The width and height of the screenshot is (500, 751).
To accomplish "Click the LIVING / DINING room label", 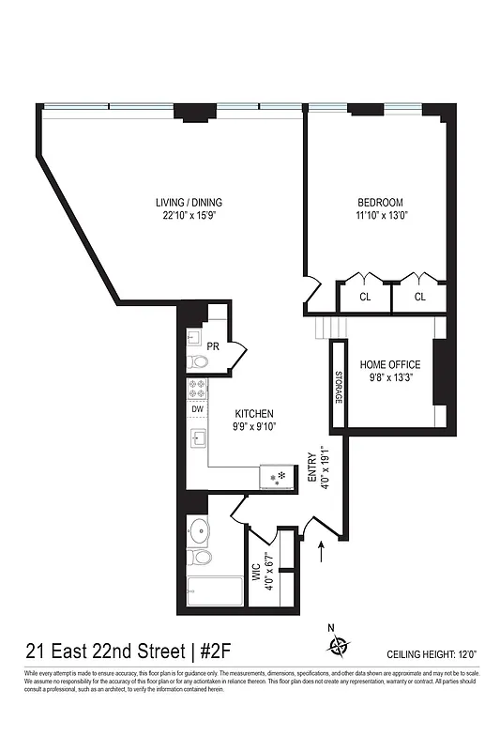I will pos(189,203).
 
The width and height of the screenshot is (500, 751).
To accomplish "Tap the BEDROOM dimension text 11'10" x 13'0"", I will pos(380,217).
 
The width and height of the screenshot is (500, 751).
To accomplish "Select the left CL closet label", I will pos(364,297).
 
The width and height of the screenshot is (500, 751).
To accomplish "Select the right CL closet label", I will pos(419,297).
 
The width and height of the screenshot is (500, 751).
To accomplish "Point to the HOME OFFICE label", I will pos(390,364).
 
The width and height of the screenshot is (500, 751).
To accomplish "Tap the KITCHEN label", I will pos(254,413).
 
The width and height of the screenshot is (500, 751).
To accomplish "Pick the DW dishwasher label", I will pos(198,408).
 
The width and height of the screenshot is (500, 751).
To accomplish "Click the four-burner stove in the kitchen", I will pos(198,390).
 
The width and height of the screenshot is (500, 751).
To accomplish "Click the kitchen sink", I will pos(198,438).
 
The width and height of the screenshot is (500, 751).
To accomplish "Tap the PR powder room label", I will pos(213,346).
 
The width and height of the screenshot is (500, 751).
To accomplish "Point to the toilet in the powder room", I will pos(197,362).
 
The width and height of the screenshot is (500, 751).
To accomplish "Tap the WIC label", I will pos(254,572).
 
